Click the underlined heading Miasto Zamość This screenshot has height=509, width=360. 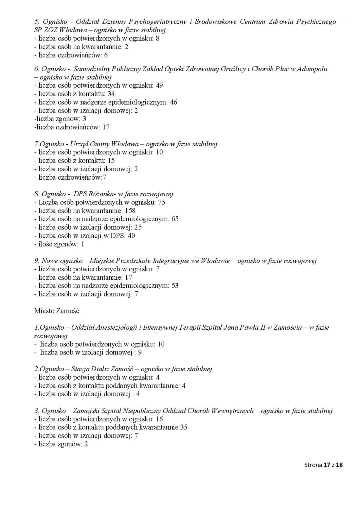pos(57,310)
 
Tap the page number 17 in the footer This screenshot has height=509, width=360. pos(327,465)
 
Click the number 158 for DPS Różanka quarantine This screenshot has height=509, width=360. pos(131,211)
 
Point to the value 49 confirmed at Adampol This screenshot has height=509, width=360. pos(159,85)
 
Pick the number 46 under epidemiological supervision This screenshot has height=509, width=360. pos(173,102)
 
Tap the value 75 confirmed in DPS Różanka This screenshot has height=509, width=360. pos(162,202)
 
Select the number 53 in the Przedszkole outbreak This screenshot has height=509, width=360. pos(175,285)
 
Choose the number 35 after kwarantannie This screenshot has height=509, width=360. pos(184,427)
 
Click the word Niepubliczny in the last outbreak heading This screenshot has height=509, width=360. pos(142,411)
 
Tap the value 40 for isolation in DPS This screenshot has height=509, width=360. pos(131,236)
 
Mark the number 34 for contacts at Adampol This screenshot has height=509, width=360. pos(111,94)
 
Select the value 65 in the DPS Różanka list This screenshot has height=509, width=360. pos(175,219)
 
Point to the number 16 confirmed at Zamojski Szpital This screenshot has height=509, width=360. pos(159,419)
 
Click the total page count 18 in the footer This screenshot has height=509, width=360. pos(339,465)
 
